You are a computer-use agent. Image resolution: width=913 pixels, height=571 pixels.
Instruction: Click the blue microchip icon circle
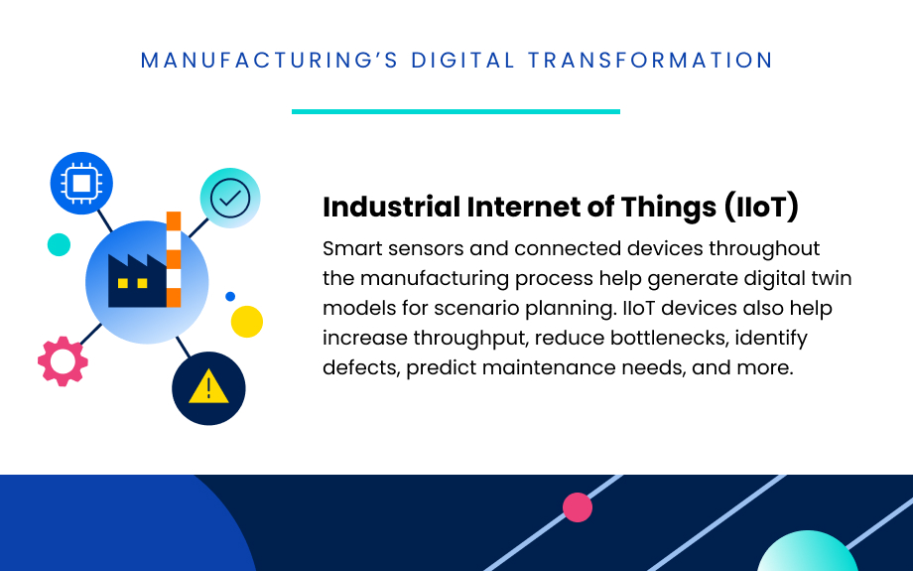[81, 184]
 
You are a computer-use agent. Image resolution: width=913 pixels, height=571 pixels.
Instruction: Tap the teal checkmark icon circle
[230, 198]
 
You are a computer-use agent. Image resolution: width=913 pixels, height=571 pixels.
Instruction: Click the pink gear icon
[63, 361]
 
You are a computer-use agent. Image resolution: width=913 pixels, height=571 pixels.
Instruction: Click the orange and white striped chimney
[174, 259]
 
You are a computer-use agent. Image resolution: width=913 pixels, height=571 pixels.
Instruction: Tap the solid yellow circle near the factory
[246, 322]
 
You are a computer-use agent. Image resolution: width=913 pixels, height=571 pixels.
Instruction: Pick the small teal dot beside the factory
[59, 244]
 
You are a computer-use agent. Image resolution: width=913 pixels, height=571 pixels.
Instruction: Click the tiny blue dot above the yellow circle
[230, 296]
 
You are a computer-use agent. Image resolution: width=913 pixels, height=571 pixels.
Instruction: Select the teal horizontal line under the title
[456, 111]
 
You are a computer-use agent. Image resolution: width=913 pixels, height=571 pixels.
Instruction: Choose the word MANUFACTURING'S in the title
[270, 61]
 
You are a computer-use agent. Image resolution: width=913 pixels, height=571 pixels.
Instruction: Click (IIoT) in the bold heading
[761, 208]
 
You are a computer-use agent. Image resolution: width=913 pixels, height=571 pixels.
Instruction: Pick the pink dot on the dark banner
[578, 507]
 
